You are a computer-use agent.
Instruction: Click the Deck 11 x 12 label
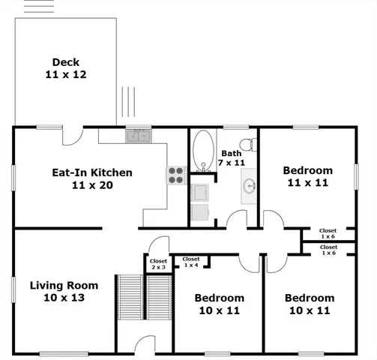pos(66,68)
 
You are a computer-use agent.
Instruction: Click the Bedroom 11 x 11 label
pos(307,175)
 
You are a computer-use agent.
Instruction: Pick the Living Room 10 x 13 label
pos(64,291)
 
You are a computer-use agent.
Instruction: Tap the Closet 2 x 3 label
pos(158,264)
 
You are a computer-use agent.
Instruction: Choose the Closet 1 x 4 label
pos(191,262)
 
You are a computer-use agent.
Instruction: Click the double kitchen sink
pos(137,136)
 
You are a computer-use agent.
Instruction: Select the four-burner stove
pos(175,175)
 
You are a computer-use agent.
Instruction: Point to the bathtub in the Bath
pos(203,151)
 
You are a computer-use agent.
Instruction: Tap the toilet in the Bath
pos(253,142)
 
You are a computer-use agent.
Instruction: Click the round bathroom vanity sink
pos(249,186)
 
